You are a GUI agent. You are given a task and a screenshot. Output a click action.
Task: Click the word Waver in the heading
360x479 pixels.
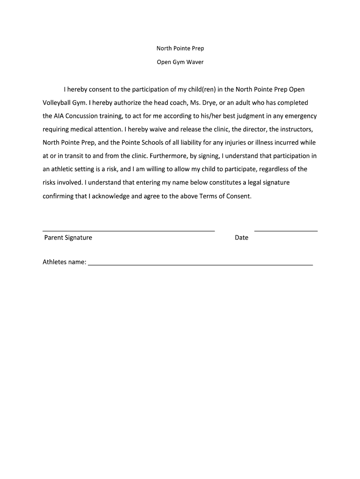[x=195, y=62]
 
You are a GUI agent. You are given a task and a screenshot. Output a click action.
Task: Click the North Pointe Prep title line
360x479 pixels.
[x=180, y=49]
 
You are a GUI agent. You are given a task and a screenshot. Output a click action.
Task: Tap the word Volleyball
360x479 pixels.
[x=58, y=102]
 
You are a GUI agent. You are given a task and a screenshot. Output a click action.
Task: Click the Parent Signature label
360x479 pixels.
[x=68, y=238]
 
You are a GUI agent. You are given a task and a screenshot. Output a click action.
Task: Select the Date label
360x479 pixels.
[x=242, y=238]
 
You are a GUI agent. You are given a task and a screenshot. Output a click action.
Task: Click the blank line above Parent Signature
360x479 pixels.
[x=129, y=231]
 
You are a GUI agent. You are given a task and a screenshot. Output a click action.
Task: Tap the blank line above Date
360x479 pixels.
[x=286, y=231]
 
